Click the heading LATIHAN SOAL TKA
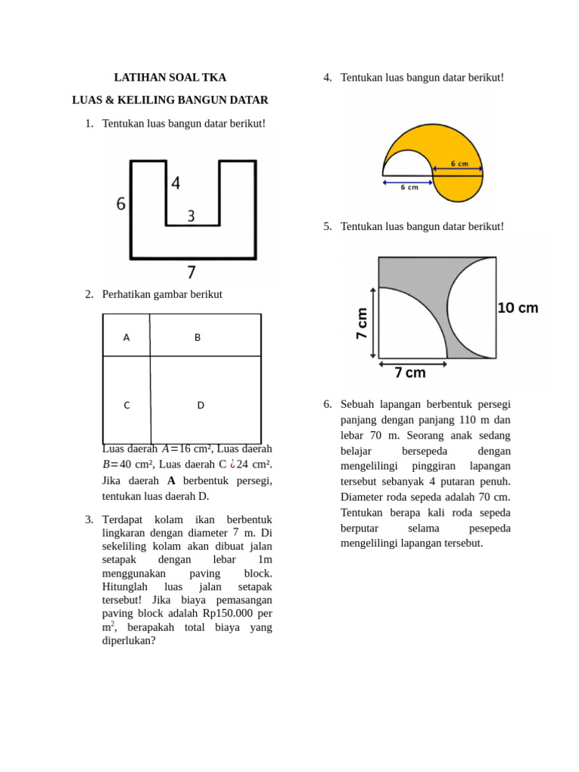point(170,78)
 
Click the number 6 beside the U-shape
point(121,204)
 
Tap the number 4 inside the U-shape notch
point(175,183)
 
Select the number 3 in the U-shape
point(191,216)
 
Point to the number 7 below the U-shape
point(191,271)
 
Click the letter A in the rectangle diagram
point(126,338)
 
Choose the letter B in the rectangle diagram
point(198,338)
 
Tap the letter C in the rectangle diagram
point(127,406)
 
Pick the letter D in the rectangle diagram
point(201,406)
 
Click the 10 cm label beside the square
point(518,308)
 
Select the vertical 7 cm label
point(362,323)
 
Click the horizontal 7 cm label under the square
point(410,372)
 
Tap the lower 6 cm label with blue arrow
point(409,187)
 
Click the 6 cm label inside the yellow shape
point(459,164)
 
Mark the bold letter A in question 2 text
point(171,480)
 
